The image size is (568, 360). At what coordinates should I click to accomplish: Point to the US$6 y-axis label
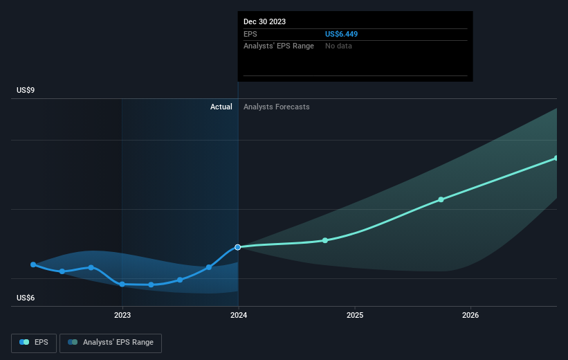coord(26,298)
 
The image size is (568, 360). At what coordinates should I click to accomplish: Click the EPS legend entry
coord(34,342)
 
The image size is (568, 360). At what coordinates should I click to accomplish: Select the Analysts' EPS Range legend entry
coord(111,342)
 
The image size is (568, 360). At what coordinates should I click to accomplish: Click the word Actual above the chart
coord(221,107)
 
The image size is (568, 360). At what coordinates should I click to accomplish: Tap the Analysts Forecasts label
coord(276,107)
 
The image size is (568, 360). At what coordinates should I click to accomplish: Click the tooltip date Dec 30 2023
coord(265,21)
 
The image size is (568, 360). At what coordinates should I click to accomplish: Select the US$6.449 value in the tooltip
coord(341,33)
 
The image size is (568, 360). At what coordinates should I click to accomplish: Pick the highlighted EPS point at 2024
coord(238,247)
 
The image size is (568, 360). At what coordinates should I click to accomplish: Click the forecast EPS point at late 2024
coord(325,240)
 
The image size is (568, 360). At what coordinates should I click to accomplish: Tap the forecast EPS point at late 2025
coord(441,199)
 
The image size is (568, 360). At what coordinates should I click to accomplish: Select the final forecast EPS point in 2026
coord(556,158)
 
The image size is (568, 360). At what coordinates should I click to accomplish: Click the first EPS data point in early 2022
coord(33,264)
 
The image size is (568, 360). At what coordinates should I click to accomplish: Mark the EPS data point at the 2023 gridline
coord(122,284)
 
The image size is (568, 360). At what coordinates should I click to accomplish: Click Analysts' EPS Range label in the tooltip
coord(279,46)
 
